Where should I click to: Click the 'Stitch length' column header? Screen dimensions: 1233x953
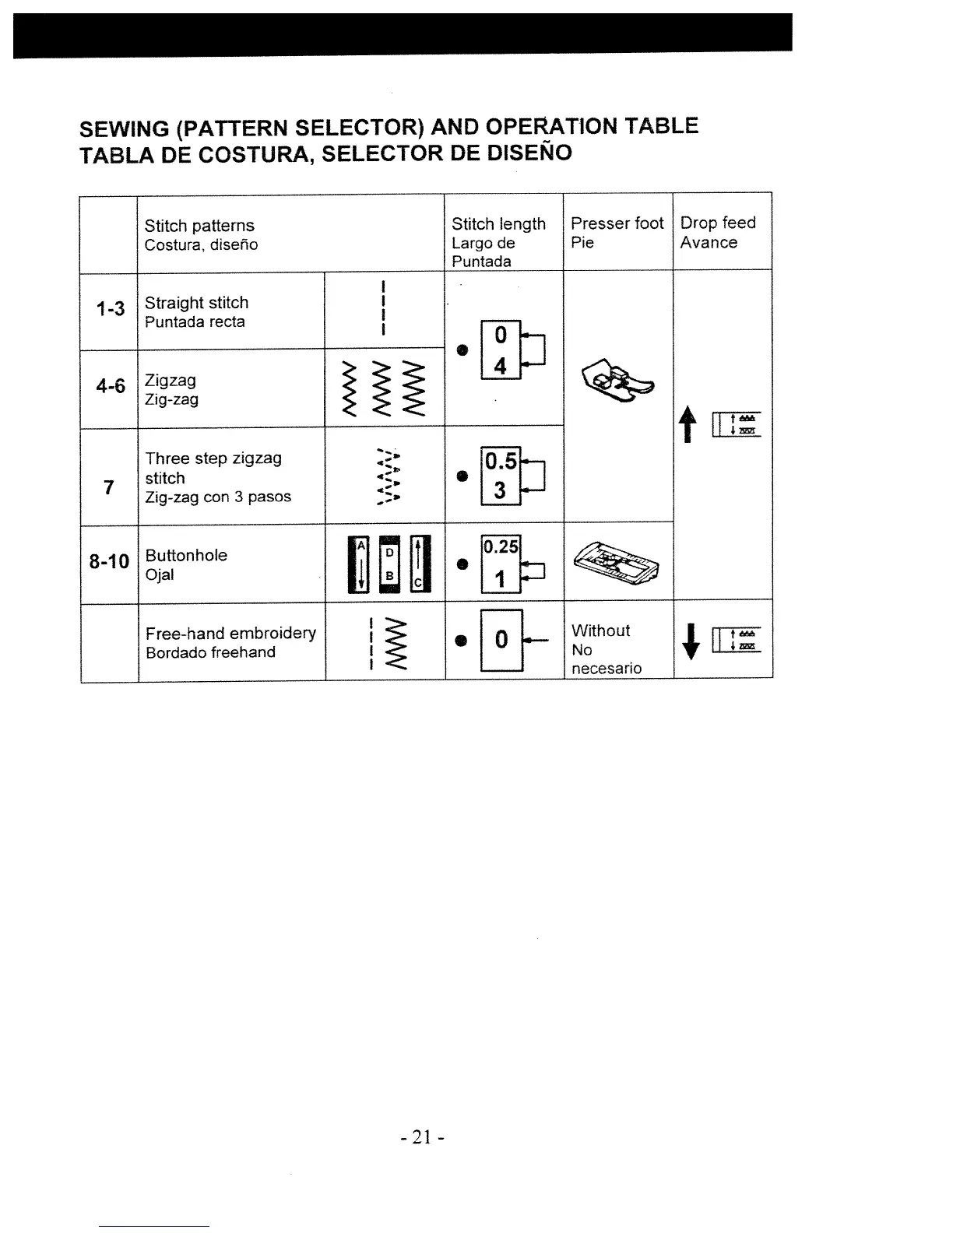click(x=498, y=224)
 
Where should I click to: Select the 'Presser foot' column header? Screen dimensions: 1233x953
click(x=617, y=223)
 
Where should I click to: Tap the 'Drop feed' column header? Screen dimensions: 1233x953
click(x=717, y=223)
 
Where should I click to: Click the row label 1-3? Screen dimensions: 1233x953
click(x=110, y=309)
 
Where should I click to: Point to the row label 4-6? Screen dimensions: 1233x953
click(x=111, y=385)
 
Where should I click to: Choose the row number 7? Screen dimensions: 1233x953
click(x=109, y=487)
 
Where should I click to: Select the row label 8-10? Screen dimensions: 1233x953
click(x=109, y=560)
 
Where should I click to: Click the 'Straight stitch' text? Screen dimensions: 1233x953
click(x=196, y=303)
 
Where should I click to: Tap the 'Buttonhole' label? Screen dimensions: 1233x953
click(x=186, y=555)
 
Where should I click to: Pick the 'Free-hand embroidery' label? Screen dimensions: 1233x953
click(x=230, y=633)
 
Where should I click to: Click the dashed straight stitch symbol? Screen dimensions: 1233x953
click(x=384, y=307)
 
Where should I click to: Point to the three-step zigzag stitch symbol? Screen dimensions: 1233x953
click(x=388, y=476)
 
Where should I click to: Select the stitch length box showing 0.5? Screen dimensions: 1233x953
click(x=501, y=462)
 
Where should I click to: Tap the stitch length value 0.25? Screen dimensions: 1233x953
click(x=501, y=546)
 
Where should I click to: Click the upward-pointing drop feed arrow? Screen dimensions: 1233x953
click(x=687, y=426)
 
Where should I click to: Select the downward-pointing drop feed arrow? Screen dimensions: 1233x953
click(x=687, y=640)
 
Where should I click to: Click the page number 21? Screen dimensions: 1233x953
click(x=421, y=1137)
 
